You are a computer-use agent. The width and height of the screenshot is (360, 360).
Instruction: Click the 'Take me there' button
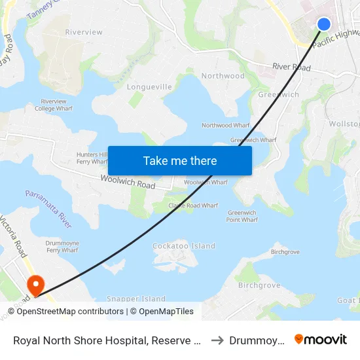(x=180, y=160)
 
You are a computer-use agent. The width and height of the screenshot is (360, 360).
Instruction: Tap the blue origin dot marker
(x=323, y=24)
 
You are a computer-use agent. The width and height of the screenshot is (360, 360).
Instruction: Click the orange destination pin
(x=34, y=285)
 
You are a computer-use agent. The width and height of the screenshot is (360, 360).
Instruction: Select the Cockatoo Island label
(x=183, y=246)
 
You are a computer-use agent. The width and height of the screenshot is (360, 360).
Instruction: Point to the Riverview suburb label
(x=84, y=32)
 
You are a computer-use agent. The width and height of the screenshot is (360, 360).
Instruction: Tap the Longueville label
(x=149, y=86)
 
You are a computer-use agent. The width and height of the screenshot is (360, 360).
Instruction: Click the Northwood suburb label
(x=223, y=76)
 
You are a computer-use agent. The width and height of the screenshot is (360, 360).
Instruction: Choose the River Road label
(x=291, y=67)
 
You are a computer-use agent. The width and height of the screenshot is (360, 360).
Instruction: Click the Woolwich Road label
(x=128, y=181)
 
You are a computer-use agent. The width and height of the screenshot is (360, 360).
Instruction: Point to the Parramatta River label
(x=48, y=209)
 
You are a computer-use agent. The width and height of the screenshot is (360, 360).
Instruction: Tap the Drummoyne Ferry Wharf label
(x=62, y=246)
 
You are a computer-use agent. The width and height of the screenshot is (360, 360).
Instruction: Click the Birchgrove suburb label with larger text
(x=259, y=285)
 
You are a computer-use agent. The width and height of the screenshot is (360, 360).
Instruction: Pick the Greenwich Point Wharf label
(x=242, y=216)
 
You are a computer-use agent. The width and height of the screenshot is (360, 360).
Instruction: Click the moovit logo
(x=321, y=339)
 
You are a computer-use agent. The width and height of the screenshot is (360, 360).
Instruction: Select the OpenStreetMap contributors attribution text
(x=69, y=312)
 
